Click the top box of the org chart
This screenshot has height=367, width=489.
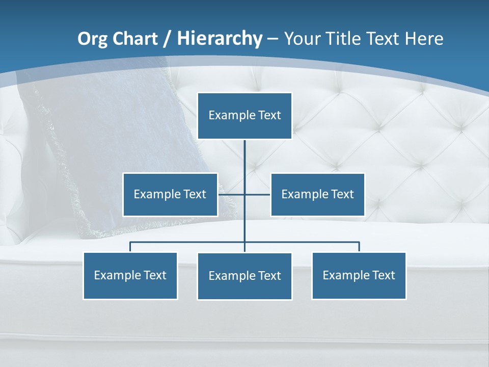click(x=244, y=116)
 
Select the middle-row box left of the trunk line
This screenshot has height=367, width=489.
click(x=170, y=195)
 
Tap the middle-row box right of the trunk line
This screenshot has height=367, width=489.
click(x=317, y=195)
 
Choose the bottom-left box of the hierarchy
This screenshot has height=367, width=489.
click(x=130, y=276)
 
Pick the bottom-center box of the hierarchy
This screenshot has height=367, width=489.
click(x=244, y=276)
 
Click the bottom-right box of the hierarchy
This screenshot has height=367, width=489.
click(x=359, y=276)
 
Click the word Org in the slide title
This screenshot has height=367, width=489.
click(x=92, y=39)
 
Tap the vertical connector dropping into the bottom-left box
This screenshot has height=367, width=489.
click(x=130, y=247)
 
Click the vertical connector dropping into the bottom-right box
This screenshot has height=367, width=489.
click(x=359, y=247)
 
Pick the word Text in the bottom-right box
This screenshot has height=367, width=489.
click(x=383, y=276)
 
